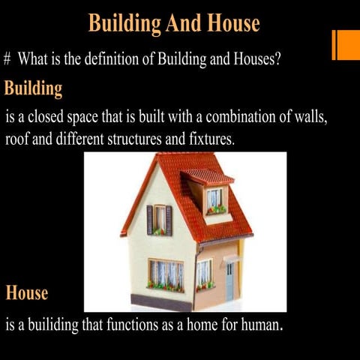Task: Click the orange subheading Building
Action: tap(33, 89)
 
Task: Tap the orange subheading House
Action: tap(27, 292)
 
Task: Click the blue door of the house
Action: tap(229, 281)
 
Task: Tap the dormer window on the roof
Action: tap(215, 199)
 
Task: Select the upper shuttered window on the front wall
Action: tap(160, 219)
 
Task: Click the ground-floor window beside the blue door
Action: tap(204, 274)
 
